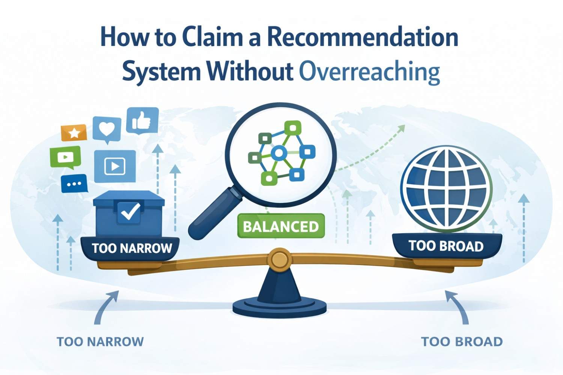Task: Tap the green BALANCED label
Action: click(281, 226)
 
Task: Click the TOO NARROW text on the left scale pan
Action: click(132, 248)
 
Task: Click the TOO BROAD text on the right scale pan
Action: click(446, 246)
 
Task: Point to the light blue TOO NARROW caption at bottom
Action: click(100, 342)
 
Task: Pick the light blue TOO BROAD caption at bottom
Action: click(462, 342)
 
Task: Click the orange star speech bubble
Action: click(74, 133)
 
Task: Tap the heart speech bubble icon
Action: click(107, 129)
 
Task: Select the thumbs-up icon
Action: click(142, 120)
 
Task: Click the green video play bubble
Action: click(65, 157)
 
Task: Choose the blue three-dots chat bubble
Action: click(74, 184)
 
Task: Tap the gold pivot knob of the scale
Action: click(280, 259)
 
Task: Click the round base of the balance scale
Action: click(280, 307)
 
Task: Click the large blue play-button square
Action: click(114, 166)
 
